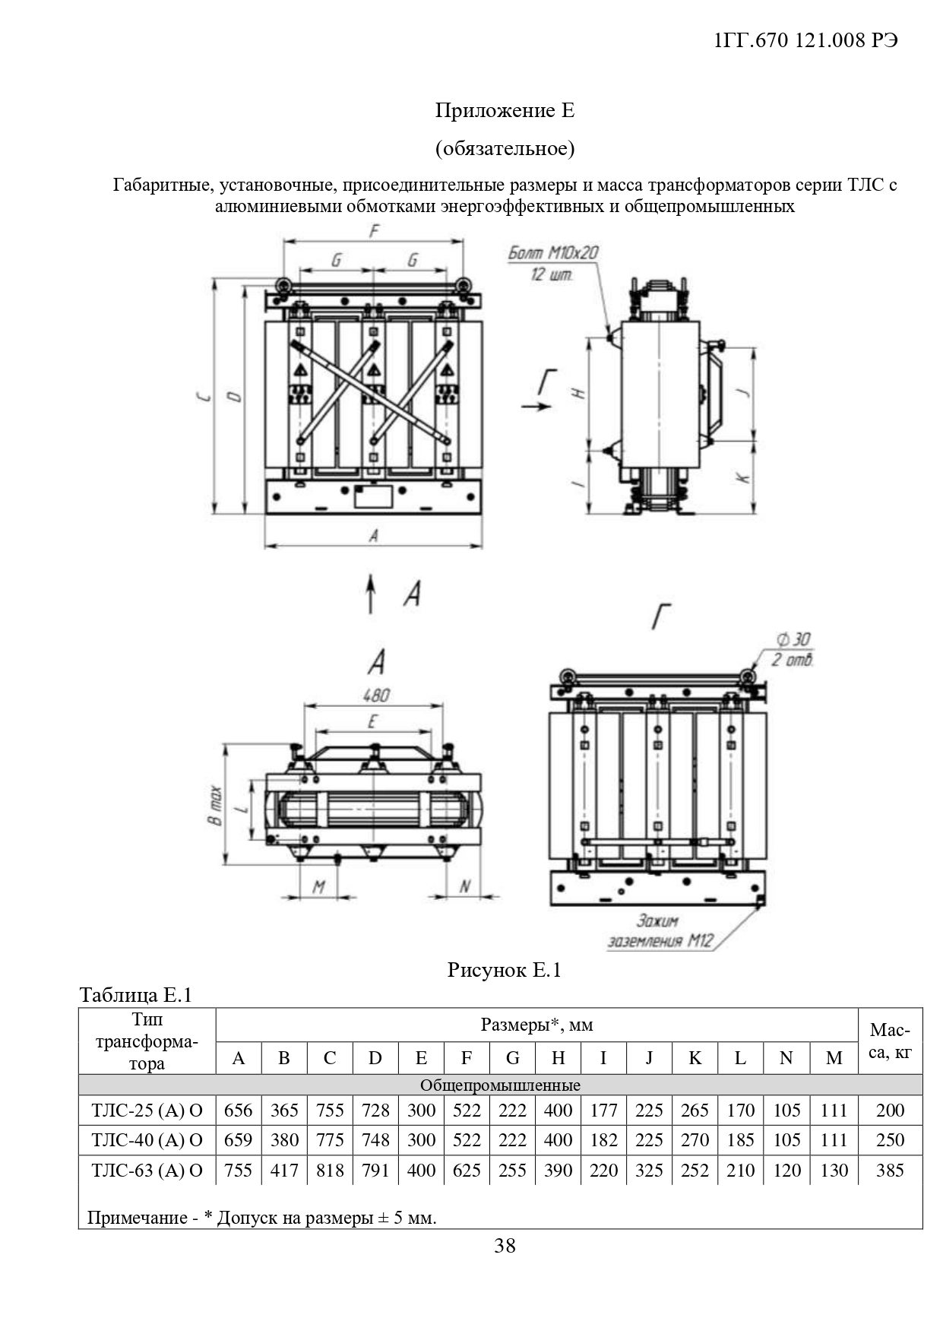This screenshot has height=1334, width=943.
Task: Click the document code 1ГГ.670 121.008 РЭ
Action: [806, 40]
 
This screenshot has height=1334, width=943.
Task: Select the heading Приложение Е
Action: [505, 111]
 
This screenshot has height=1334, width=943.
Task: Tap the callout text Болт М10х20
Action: [552, 253]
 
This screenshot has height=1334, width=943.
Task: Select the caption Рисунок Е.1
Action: [504, 970]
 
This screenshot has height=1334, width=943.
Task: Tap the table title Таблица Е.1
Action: [136, 995]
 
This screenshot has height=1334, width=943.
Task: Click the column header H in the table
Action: [558, 1058]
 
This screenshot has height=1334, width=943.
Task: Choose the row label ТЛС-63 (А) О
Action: [147, 1170]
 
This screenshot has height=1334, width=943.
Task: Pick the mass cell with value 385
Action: [890, 1170]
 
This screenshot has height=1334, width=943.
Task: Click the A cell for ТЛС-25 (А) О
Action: [239, 1111]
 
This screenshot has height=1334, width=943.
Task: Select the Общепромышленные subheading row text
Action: [500, 1085]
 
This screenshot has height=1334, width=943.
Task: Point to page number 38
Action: [505, 1246]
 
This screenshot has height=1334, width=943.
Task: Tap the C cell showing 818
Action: [330, 1170]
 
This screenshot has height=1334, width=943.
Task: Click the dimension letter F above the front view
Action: [373, 231]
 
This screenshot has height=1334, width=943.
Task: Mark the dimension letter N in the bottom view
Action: [466, 887]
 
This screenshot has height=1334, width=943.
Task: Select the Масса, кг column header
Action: [890, 1041]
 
